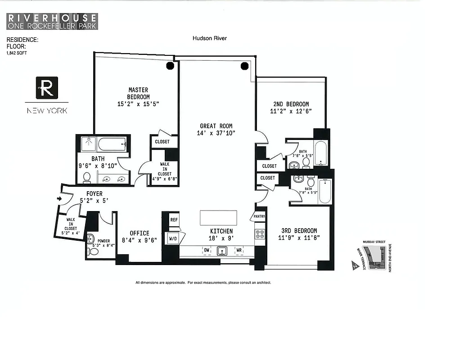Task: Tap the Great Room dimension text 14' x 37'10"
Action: click(216, 133)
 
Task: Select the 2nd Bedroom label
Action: click(291, 104)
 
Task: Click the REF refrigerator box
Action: click(174, 220)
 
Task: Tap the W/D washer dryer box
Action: click(173, 238)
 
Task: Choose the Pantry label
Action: click(260, 216)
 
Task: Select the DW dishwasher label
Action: click(207, 250)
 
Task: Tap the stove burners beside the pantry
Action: click(260, 234)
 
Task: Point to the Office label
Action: click(139, 233)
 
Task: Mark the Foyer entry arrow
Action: click(60, 198)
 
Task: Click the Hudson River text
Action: click(210, 39)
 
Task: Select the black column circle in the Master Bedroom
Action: click(170, 66)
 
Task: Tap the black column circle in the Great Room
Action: click(245, 66)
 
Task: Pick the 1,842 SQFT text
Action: click(16, 52)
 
